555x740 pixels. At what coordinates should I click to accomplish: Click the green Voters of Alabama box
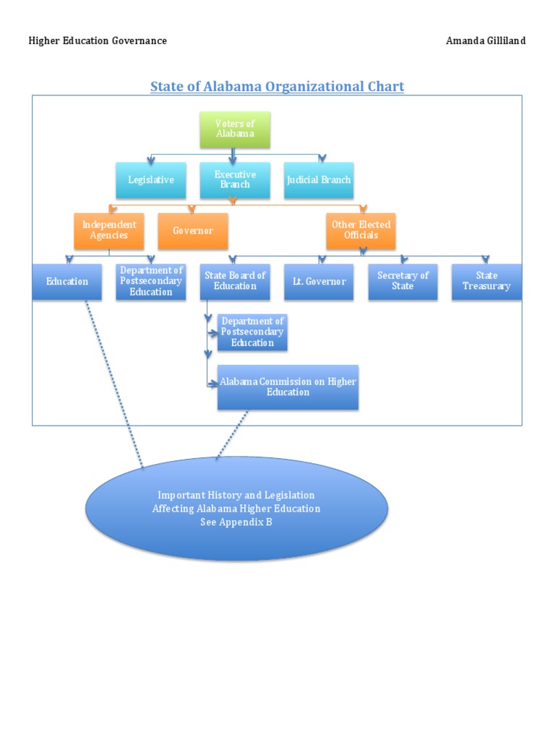[235, 129]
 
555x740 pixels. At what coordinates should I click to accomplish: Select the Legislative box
[151, 180]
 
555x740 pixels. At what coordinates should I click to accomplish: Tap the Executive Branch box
[235, 180]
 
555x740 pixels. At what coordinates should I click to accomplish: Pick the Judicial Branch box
[319, 180]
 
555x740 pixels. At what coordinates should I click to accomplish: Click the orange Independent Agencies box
[109, 231]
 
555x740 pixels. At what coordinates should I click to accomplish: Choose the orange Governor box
[193, 231]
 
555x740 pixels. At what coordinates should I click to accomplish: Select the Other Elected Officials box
[361, 231]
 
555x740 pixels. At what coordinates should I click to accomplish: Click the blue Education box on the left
[67, 282]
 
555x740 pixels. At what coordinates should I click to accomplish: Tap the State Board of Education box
[235, 282]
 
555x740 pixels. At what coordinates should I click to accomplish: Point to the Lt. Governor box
[319, 282]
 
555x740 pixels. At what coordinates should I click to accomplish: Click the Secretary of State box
[403, 282]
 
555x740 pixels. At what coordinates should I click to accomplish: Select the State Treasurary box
[486, 282]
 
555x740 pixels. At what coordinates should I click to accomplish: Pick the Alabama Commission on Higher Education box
[288, 387]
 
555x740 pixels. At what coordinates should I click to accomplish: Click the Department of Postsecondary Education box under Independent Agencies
[151, 282]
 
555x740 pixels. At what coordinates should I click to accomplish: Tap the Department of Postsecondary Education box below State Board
[252, 332]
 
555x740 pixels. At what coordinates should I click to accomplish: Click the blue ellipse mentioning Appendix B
[236, 509]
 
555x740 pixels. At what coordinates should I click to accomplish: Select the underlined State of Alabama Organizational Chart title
[277, 87]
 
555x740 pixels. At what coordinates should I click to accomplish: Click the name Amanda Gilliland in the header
[486, 40]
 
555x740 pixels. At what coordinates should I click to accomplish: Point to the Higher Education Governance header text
[98, 40]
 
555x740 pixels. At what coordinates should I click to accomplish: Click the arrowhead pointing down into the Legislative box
[150, 158]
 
